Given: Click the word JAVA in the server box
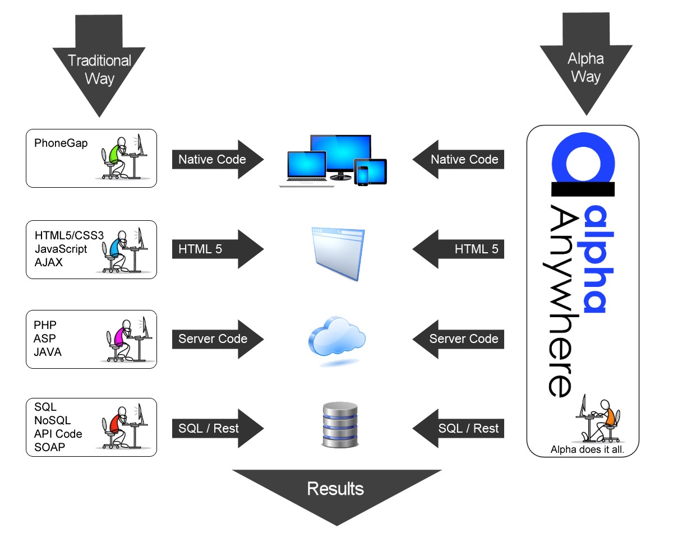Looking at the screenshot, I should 47,352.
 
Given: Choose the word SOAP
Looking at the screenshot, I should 49,447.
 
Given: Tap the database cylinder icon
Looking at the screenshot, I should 339,424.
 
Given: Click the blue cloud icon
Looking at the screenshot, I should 336,337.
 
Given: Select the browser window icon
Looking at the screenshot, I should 338,253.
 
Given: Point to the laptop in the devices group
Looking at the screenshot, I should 303,168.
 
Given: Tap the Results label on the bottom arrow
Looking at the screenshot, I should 335,489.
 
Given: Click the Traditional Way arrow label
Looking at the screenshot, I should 99,69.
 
